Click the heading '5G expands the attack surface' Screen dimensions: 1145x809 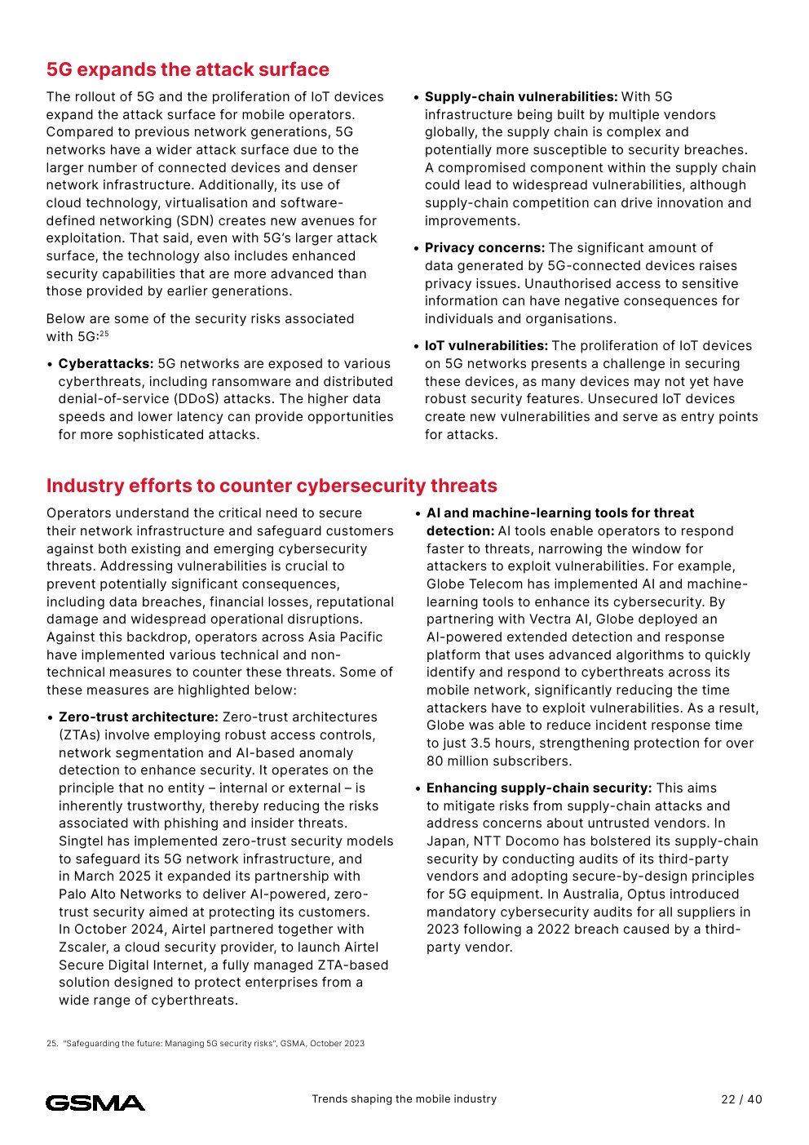click(x=188, y=70)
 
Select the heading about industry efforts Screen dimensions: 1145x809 click(x=272, y=486)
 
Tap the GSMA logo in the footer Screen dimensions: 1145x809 click(x=95, y=1103)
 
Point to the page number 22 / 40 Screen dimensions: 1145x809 click(x=741, y=1099)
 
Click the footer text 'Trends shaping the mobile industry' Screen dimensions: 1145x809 click(x=404, y=1099)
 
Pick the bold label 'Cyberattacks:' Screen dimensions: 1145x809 click(x=106, y=364)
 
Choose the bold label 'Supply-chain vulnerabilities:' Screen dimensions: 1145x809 click(x=521, y=97)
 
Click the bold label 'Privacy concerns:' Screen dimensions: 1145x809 click(x=484, y=248)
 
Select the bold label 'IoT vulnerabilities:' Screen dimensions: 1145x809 click(x=486, y=346)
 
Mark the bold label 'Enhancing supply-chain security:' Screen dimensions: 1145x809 click(x=539, y=788)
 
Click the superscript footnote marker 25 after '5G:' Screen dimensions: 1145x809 click(x=104, y=334)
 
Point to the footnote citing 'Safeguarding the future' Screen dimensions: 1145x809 click(x=206, y=1044)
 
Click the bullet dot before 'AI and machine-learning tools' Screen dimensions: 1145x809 click(x=418, y=514)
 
